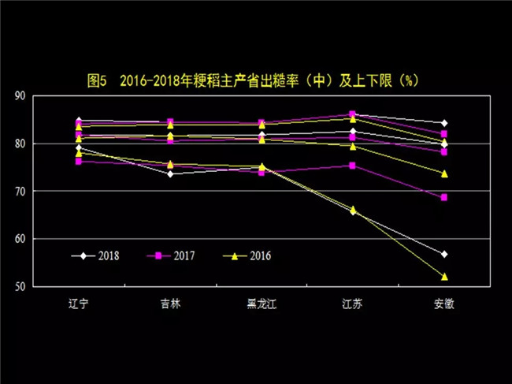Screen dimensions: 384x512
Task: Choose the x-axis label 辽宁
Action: pos(79,303)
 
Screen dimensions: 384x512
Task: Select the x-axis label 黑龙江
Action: pos(262,303)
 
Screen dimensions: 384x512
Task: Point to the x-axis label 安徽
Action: pos(443,303)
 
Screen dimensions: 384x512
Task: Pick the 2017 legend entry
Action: pos(173,255)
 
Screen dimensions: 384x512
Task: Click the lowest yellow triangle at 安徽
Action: pos(444,277)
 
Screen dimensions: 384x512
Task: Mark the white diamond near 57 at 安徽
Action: pos(444,254)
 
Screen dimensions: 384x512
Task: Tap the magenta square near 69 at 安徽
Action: pos(444,197)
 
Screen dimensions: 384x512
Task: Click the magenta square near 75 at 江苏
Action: pos(352,166)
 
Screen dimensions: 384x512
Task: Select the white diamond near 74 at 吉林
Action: pos(170,173)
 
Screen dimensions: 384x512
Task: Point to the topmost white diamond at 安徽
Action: pos(444,123)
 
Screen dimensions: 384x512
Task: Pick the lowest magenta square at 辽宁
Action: pos(79,161)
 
